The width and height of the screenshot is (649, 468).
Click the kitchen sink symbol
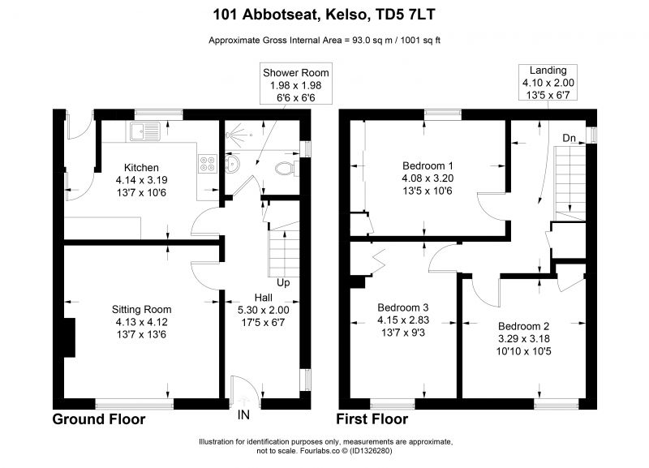click(x=145, y=131)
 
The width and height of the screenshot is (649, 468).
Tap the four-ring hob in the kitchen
click(x=208, y=163)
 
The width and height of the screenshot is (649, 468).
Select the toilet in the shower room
click(x=286, y=168)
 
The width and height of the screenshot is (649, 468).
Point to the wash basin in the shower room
click(x=233, y=163)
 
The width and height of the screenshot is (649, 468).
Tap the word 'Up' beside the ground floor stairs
click(x=283, y=282)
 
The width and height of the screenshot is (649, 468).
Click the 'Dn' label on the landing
click(x=569, y=138)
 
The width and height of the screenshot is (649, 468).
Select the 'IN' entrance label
click(x=244, y=414)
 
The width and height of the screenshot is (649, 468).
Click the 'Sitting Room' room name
click(x=141, y=310)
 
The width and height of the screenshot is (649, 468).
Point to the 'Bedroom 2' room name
click(x=523, y=326)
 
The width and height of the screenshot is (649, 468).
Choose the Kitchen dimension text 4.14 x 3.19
click(x=141, y=180)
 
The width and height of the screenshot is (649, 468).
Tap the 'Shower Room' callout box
click(x=296, y=85)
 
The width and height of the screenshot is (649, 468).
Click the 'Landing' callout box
click(x=548, y=83)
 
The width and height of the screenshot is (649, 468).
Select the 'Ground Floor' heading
click(x=99, y=419)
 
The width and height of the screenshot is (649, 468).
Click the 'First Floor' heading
click(x=372, y=419)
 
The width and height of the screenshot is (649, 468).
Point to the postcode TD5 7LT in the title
click(x=405, y=15)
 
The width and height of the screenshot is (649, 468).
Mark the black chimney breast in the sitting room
click(x=69, y=337)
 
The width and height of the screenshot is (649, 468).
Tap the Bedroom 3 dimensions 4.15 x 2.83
click(x=403, y=320)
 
